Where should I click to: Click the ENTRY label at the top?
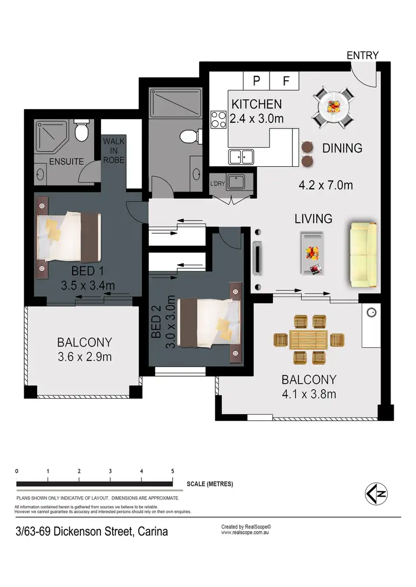tap(362, 55)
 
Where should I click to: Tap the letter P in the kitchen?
tap(257, 81)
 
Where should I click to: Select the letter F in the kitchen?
tap(286, 81)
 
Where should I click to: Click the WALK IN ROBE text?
tap(114, 151)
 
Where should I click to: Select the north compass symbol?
tap(376, 493)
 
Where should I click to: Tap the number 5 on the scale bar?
tap(173, 471)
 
